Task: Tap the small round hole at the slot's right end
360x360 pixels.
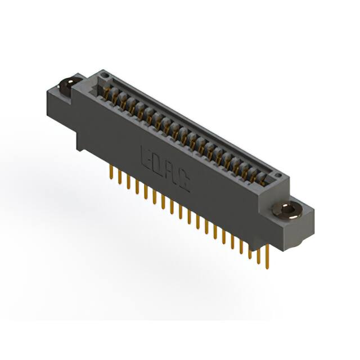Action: tap(277, 178)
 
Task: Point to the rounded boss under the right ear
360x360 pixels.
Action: tap(298, 239)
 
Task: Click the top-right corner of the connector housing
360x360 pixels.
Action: tap(290, 177)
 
